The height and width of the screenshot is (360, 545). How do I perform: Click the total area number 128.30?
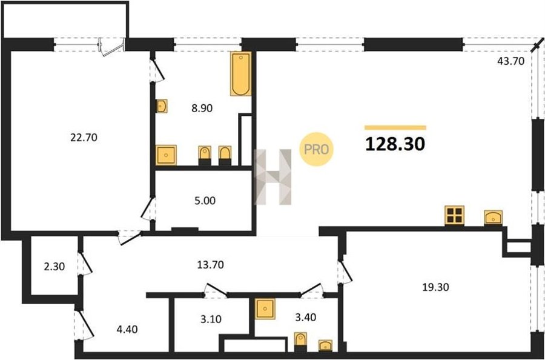coord(395,144)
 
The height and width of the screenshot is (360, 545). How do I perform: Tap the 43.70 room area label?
coord(510,61)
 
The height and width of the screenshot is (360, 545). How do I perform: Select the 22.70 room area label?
coord(84,138)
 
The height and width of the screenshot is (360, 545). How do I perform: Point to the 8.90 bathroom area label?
coord(202,108)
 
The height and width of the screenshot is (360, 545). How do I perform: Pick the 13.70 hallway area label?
coord(210,265)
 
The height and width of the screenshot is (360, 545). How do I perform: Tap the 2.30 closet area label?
coord(54,267)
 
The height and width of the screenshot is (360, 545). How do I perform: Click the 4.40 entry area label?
coord(127,329)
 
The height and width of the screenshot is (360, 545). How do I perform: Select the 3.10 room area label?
coord(211,319)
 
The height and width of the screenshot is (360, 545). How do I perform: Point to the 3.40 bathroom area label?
coord(306,317)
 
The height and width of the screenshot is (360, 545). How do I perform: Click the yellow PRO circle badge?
coord(316,149)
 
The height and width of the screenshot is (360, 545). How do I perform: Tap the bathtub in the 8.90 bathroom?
coord(240,74)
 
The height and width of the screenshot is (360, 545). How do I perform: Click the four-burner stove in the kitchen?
coord(454,215)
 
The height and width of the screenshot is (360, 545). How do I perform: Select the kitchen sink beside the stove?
coord(493,218)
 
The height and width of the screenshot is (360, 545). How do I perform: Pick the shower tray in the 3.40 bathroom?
coord(265,309)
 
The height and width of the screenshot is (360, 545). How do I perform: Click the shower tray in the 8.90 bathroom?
coord(166,155)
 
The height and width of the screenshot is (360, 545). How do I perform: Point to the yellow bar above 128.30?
coord(395,128)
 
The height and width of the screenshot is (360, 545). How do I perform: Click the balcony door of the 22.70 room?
coord(112,47)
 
